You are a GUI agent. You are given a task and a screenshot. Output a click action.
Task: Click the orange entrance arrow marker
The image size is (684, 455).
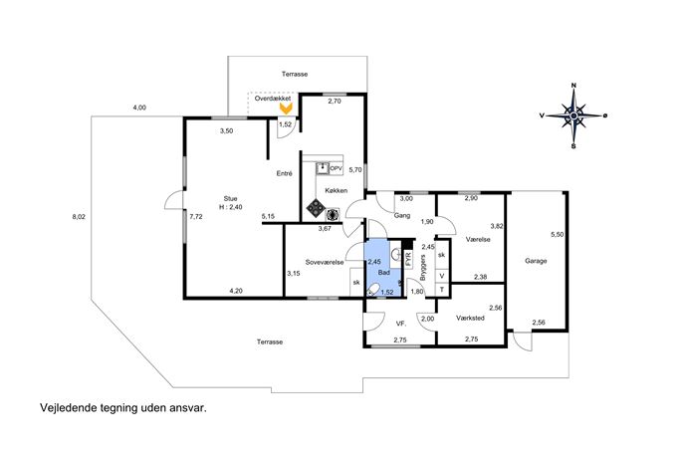[286, 110]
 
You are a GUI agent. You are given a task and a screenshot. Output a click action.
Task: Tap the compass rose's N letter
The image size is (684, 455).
[574, 85]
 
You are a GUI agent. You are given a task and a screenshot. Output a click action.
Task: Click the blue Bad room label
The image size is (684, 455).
[384, 273]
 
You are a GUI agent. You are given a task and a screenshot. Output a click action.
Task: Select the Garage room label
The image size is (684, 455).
[536, 261]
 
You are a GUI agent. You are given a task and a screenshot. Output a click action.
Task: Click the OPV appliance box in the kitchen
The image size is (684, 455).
[337, 168]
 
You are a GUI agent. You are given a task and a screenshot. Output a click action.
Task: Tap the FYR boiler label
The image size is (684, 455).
[409, 259]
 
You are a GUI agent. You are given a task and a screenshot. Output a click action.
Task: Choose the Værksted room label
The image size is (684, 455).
[470, 318]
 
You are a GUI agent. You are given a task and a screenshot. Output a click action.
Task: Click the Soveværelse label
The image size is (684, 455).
[325, 262]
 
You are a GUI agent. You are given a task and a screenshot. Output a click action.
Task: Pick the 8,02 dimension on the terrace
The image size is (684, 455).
[79, 216]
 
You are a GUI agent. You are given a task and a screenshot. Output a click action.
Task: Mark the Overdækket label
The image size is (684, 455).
[273, 99]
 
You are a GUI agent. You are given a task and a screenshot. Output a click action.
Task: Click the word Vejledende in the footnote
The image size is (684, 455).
[68, 408]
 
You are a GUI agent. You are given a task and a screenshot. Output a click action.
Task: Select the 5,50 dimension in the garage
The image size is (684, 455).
[558, 234]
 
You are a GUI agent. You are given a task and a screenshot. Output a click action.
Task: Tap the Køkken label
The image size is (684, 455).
[336, 190]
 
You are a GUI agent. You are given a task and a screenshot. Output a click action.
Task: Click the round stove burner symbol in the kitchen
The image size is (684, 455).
[333, 214]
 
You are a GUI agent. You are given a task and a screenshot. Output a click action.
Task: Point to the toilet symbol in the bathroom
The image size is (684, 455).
[373, 289]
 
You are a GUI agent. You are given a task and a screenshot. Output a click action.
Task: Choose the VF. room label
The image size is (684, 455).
[401, 324]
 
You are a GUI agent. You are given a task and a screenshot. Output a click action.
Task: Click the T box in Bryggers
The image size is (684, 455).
[442, 289]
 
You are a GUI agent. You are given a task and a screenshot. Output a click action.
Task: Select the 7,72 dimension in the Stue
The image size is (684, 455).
[196, 216]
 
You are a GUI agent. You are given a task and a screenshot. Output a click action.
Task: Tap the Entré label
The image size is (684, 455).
[285, 173]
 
